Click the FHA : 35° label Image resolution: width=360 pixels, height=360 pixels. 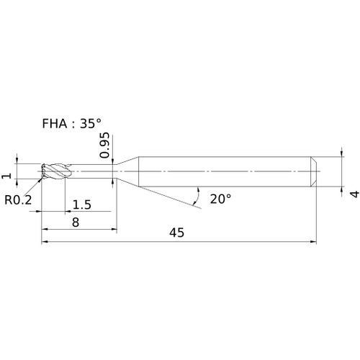pyautogui.click(x=71, y=124)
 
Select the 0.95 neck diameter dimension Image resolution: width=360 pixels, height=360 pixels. pyautogui.click(x=104, y=145)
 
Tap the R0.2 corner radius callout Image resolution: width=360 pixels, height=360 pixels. pyautogui.click(x=18, y=199)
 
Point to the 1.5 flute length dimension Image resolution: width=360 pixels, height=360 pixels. pyautogui.click(x=82, y=204)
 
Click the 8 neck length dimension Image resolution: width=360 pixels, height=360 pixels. pyautogui.click(x=76, y=222)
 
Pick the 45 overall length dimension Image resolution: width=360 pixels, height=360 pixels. pyautogui.click(x=177, y=233)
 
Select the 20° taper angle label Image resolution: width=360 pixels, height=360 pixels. pyautogui.click(x=220, y=199)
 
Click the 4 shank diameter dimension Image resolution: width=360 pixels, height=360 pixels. pyautogui.click(x=355, y=194)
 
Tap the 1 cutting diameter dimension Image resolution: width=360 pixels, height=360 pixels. pyautogui.click(x=6, y=176)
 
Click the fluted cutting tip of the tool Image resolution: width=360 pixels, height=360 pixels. pyautogui.click(x=56, y=171)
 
